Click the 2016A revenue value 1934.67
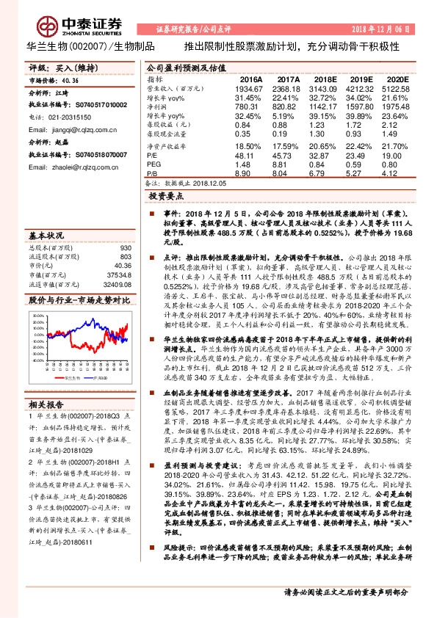(248, 87)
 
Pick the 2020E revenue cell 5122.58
(394, 87)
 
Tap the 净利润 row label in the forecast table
(158, 106)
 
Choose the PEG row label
(154, 165)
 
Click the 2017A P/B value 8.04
(289, 174)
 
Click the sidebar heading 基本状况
(46, 236)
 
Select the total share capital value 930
(126, 249)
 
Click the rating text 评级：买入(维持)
(56, 67)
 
